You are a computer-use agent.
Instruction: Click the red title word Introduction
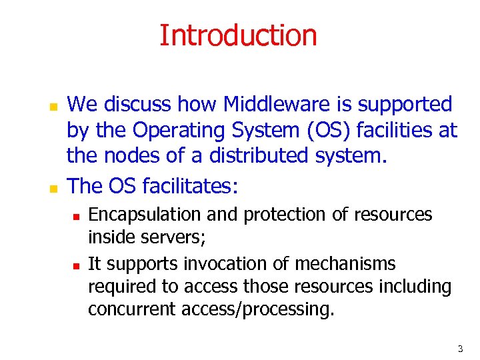click(238, 35)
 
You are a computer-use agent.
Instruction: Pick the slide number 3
click(460, 349)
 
